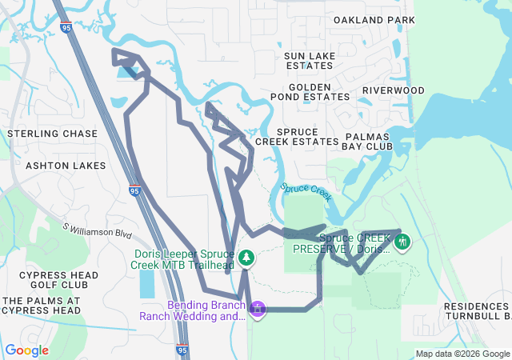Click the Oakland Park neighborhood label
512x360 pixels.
pos(374,19)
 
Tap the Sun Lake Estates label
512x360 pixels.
pos(310,60)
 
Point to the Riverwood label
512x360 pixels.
pos(393,90)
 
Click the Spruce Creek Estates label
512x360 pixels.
pos(297,136)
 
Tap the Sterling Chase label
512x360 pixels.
pos(52,134)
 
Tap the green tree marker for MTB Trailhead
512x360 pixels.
pos(247,258)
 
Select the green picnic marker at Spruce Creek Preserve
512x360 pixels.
pos(402,241)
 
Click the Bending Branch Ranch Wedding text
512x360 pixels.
pos(193,310)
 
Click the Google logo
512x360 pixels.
pos(27,350)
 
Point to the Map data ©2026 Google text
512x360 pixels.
pos(462,354)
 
